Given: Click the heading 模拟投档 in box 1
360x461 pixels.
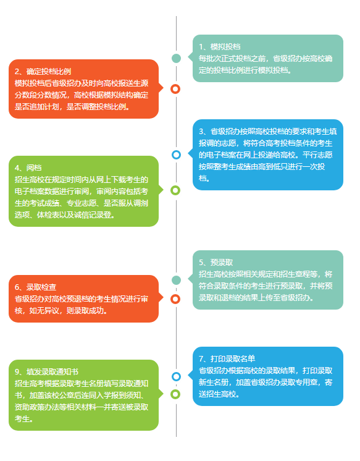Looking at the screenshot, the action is click(225, 47).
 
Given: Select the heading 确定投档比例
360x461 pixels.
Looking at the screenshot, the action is click(49, 72).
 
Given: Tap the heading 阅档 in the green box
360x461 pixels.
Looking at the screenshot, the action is click(34, 167).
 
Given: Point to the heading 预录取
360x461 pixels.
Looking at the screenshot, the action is click(222, 262).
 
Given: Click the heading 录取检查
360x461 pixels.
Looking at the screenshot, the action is click(41, 287).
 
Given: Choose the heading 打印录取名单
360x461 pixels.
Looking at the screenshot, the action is click(233, 358).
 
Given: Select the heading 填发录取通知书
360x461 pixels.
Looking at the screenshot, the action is click(52, 371).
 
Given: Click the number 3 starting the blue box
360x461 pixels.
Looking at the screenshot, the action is click(201, 132).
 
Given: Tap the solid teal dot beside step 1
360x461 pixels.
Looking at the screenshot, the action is click(177, 58).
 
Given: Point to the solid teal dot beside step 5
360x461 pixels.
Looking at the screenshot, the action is click(177, 280).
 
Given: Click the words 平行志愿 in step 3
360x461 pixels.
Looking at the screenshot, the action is click(317, 155).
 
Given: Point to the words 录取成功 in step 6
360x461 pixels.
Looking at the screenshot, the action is click(89, 310).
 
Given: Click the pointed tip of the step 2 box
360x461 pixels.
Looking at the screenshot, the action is click(163, 88).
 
